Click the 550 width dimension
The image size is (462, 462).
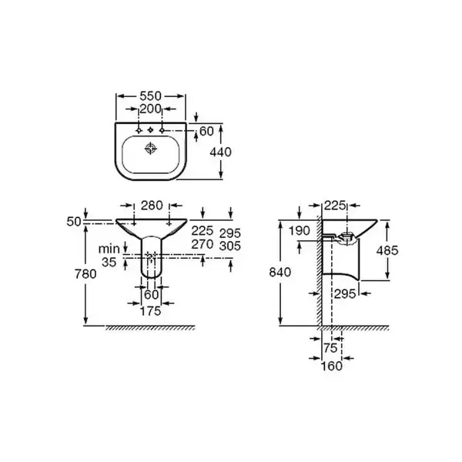click(151, 96)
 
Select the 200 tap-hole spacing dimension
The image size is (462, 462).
click(151, 109)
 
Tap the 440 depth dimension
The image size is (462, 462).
click(221, 152)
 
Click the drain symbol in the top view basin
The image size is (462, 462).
click(151, 149)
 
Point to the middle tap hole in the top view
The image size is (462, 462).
click(151, 130)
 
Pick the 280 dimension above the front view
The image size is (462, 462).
click(152, 206)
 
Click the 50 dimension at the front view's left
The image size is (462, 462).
click(74, 222)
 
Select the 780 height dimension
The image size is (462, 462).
click(85, 274)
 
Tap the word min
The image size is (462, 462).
click(109, 249)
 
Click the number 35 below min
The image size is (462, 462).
click(109, 262)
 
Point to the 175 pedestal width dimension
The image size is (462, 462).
click(151, 311)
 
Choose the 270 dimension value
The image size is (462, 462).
click(203, 244)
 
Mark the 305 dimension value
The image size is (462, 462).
click(230, 246)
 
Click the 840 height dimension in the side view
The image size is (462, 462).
click(280, 273)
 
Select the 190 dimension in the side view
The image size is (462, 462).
click(299, 231)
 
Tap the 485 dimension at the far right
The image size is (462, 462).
click(387, 250)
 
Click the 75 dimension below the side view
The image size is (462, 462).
click(330, 348)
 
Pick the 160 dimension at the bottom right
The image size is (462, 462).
click(331, 366)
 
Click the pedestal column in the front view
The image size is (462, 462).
click(152, 257)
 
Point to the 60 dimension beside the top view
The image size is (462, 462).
click(206, 132)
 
